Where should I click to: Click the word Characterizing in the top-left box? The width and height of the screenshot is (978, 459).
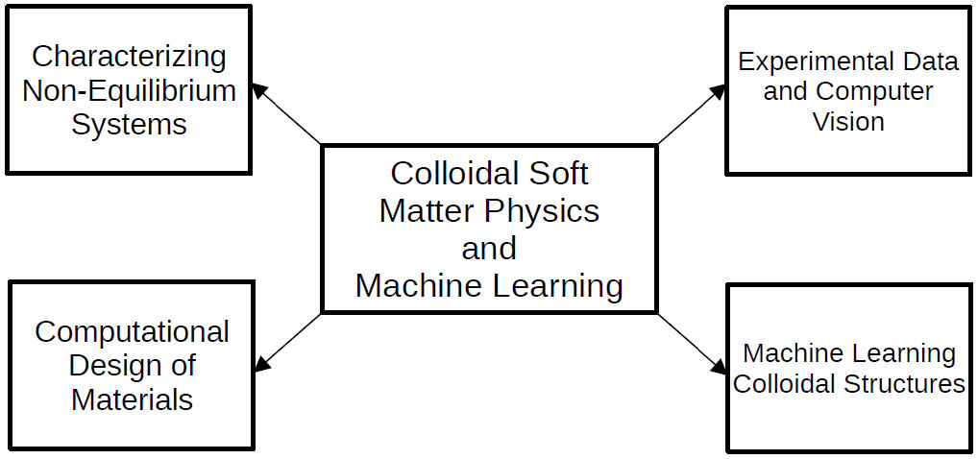pyautogui.click(x=130, y=57)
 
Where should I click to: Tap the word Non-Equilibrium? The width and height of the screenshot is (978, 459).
pyautogui.click(x=130, y=91)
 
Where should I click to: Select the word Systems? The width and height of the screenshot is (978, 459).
pyautogui.click(x=130, y=125)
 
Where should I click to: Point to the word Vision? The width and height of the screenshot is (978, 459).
pyautogui.click(x=848, y=122)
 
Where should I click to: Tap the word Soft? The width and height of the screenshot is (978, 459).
pyautogui.click(x=556, y=174)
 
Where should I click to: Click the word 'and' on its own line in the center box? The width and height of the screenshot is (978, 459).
pyautogui.click(x=489, y=248)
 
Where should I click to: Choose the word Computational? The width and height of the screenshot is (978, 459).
pyautogui.click(x=132, y=332)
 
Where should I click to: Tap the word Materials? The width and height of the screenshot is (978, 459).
pyautogui.click(x=132, y=399)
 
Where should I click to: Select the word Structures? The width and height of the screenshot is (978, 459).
pyautogui.click(x=905, y=384)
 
